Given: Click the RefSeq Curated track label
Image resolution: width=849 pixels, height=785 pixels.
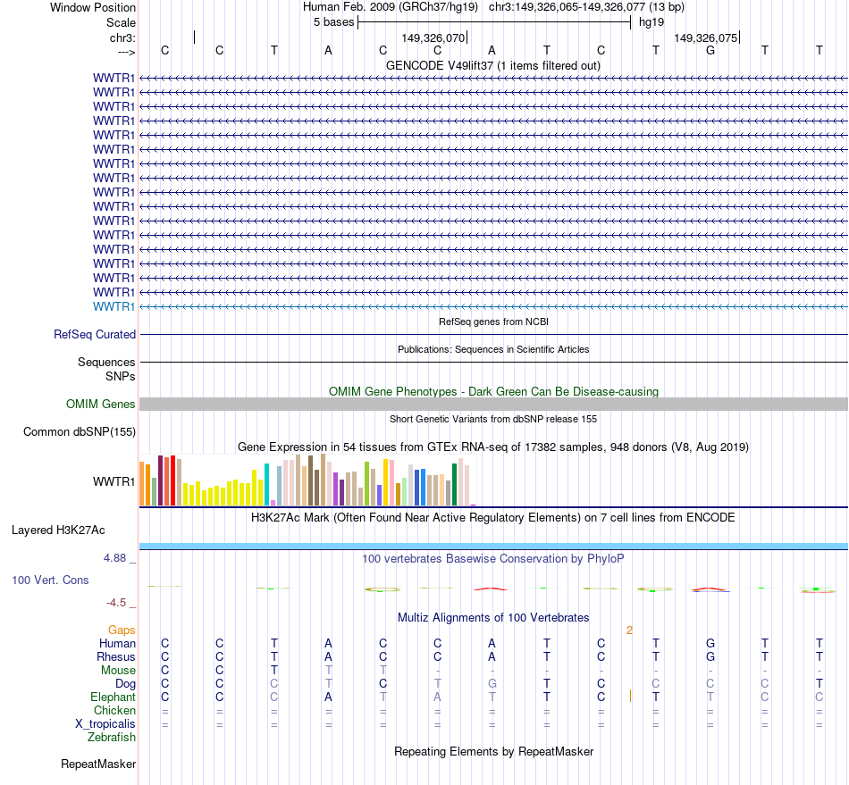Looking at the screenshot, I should [95, 335].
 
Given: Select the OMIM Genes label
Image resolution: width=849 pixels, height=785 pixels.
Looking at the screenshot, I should [101, 405].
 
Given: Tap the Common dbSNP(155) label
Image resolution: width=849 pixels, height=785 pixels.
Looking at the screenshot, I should [80, 432].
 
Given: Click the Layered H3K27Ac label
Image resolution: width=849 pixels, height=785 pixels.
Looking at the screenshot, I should [58, 530].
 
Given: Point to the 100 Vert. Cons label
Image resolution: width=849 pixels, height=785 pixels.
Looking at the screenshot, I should [50, 580].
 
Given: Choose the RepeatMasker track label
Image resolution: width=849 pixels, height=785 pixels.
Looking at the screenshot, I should [98, 764].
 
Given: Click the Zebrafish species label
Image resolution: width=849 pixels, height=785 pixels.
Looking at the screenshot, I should [112, 738].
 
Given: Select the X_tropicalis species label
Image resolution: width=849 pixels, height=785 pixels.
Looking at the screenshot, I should [105, 724].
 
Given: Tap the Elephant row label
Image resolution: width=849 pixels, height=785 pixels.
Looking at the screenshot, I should [113, 697].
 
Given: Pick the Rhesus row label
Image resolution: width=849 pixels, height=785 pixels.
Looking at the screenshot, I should [115, 657].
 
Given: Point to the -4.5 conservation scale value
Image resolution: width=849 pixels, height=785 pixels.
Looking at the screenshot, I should [118, 603].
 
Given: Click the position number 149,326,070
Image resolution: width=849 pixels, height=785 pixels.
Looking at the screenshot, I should [433, 38].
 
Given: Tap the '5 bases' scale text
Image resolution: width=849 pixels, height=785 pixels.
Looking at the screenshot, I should [333, 21].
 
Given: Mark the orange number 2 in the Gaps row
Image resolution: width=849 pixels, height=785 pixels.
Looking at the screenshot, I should [629, 631].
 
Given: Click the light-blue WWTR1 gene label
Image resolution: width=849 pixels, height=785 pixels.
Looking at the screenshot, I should [114, 306].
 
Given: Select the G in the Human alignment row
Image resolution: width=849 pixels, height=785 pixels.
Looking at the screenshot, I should [710, 644].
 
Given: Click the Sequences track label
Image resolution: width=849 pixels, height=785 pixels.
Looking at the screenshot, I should [106, 363].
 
